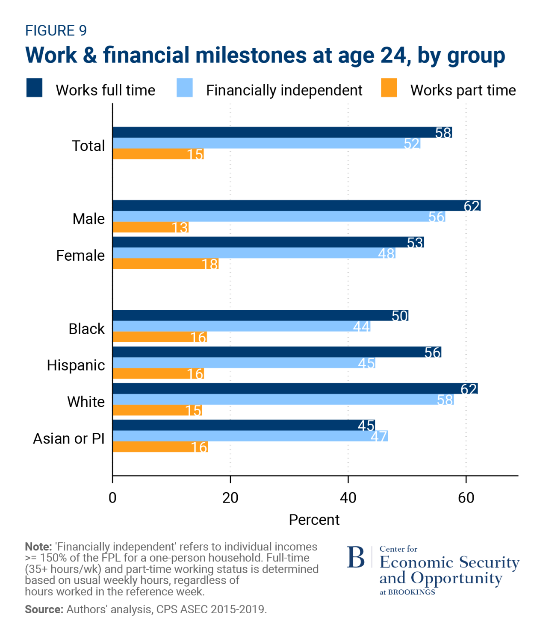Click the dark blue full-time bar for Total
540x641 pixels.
tap(282, 132)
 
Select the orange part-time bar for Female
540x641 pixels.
tap(165, 264)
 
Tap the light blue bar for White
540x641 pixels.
tap(283, 400)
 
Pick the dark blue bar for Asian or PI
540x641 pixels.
tap(244, 425)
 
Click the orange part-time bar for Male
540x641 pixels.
tap(150, 227)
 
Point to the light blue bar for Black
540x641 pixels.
tap(242, 326)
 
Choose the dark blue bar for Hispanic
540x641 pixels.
tap(277, 352)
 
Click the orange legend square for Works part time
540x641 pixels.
tap(389, 88)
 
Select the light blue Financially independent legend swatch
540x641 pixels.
tap(184, 88)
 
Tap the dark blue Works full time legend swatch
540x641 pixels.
tap(34, 88)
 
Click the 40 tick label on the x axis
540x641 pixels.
tap(348, 498)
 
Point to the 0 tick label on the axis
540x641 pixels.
tap(112, 498)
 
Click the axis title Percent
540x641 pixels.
tap(314, 520)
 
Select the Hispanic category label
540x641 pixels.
tap(76, 365)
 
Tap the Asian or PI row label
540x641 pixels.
tap(69, 438)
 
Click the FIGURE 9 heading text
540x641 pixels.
tap(56, 31)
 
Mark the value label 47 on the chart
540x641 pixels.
tap(378, 436)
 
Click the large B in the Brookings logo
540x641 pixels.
tap(356, 557)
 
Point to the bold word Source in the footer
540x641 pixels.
tap(44, 609)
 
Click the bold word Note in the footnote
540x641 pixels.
tap(38, 547)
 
